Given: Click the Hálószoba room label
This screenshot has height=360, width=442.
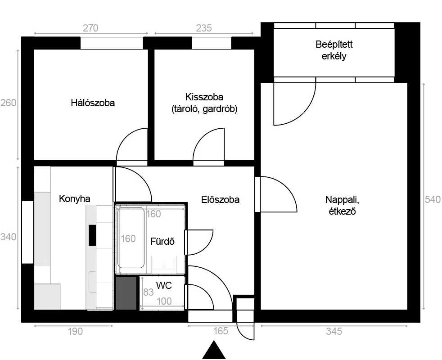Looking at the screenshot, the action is (93, 103).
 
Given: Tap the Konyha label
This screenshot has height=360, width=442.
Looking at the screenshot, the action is (74, 199).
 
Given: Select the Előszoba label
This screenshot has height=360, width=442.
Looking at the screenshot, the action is (220, 200).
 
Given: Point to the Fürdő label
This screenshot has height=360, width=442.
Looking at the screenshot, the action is (162, 241).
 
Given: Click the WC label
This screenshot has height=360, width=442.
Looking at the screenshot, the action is (164, 286).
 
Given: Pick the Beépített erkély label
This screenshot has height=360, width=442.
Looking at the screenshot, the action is (334, 50).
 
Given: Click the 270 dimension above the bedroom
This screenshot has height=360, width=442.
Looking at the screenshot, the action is (90, 28).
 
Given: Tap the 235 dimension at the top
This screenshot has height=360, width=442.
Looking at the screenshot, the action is (204, 28).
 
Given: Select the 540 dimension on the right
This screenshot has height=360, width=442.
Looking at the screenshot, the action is (433, 200).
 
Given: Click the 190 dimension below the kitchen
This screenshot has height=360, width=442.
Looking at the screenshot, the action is (75, 331).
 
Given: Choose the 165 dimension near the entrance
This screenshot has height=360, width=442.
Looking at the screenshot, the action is (220, 331).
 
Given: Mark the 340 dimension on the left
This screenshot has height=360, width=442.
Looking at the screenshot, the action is (8, 237).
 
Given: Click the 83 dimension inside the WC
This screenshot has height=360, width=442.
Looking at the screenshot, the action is (149, 292).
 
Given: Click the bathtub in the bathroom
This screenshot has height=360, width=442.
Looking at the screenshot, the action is (131, 238).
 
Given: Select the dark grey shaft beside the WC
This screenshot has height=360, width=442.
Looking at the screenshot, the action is (126, 293).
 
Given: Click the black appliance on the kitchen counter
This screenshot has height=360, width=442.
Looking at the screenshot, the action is (92, 235).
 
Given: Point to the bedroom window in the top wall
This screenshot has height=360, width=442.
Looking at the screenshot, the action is (112, 43).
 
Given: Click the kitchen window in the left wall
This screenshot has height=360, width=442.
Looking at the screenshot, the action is (28, 232).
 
